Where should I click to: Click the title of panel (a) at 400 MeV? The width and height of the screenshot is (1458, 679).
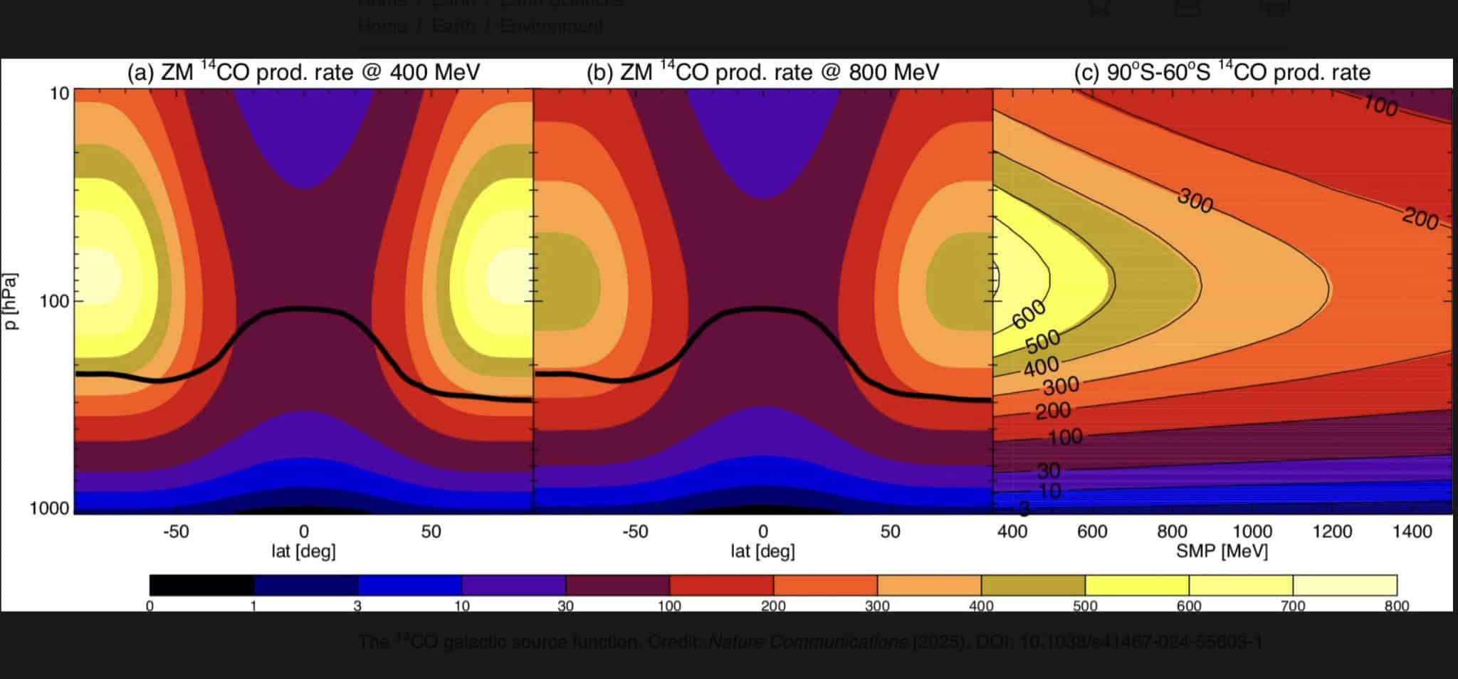pyautogui.click(x=303, y=72)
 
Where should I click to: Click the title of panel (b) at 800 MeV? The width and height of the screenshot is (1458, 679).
pyautogui.click(x=762, y=72)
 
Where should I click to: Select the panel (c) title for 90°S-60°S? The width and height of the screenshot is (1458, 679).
pyautogui.click(x=1222, y=72)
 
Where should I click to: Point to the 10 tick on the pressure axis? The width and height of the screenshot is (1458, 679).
pyautogui.click(x=60, y=93)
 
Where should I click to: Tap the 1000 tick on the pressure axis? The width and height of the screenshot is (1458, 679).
pyautogui.click(x=49, y=508)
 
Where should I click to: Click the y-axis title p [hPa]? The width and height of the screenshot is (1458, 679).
pyautogui.click(x=11, y=301)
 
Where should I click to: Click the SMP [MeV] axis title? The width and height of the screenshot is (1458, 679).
pyautogui.click(x=1222, y=550)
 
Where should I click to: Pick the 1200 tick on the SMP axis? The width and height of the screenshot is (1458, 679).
pyautogui.click(x=1332, y=532)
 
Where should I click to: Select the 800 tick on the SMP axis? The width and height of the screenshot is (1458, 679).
pyautogui.click(x=1172, y=532)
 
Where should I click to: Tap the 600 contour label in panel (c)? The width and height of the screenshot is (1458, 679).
pyautogui.click(x=1029, y=314)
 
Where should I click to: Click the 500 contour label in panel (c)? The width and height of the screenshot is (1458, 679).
pyautogui.click(x=1043, y=342)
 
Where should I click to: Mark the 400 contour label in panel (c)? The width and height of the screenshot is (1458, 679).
pyautogui.click(x=1042, y=367)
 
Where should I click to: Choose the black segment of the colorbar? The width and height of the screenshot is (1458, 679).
pyautogui.click(x=201, y=585)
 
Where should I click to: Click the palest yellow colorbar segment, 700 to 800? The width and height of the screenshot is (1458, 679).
pyautogui.click(x=1345, y=585)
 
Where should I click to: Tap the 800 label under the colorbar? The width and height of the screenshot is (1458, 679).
pyautogui.click(x=1397, y=606)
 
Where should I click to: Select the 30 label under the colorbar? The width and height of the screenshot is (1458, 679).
pyautogui.click(x=565, y=606)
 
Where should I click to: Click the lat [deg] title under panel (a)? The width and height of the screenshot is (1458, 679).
pyautogui.click(x=303, y=550)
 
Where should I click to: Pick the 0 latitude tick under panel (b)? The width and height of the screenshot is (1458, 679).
pyautogui.click(x=762, y=532)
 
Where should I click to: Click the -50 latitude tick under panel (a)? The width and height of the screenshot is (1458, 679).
pyautogui.click(x=176, y=532)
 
